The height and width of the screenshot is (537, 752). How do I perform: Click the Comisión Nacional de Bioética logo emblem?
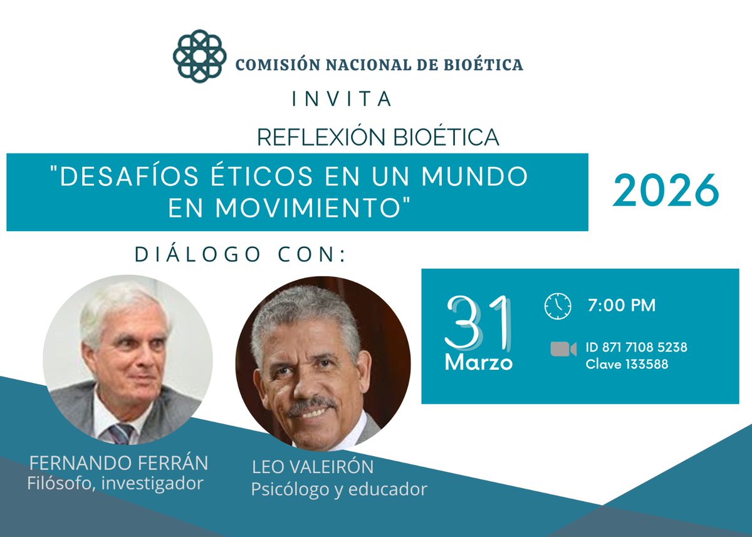tap(199, 56)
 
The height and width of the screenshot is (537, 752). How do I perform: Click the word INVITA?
tap(342, 99)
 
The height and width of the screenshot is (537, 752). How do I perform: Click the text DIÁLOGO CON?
tap(241, 254)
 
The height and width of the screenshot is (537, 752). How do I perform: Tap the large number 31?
tap(478, 323)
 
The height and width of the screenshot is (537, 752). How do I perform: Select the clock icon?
tap(557, 306)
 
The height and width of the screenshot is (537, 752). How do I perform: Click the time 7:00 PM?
tap(621, 306)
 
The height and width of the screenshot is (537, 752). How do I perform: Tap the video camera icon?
tap(563, 349)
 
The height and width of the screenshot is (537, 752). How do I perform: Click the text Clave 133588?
tap(627, 364)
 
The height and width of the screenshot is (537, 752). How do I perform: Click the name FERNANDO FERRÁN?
tap(119, 464)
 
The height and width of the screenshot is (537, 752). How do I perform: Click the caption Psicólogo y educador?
tap(339, 489)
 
